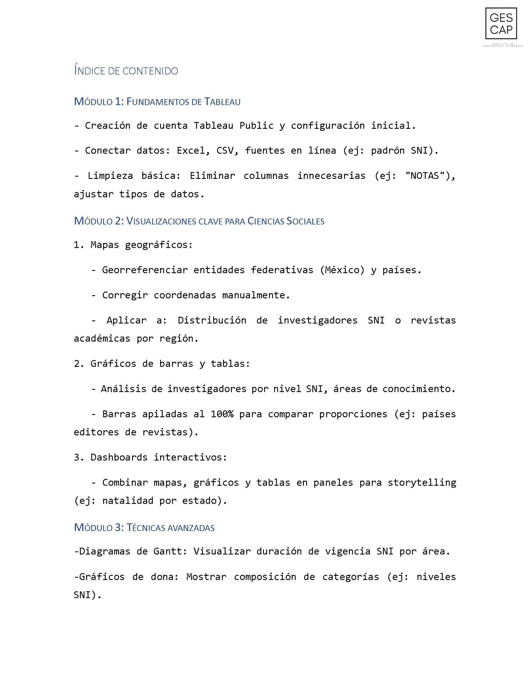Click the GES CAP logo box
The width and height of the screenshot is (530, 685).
pos(501,23)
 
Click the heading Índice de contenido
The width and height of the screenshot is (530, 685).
pos(126,71)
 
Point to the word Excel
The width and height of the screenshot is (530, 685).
pos(190,151)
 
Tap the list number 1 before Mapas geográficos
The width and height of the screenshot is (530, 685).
pos(77,245)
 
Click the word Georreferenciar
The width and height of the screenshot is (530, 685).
pos(145,270)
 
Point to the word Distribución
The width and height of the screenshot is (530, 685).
pos(212,320)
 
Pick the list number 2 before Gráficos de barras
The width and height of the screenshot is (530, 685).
pos(77,363)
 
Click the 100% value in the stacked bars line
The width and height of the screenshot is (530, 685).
pos(222,414)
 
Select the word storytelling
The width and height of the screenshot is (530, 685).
pos(422,482)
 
